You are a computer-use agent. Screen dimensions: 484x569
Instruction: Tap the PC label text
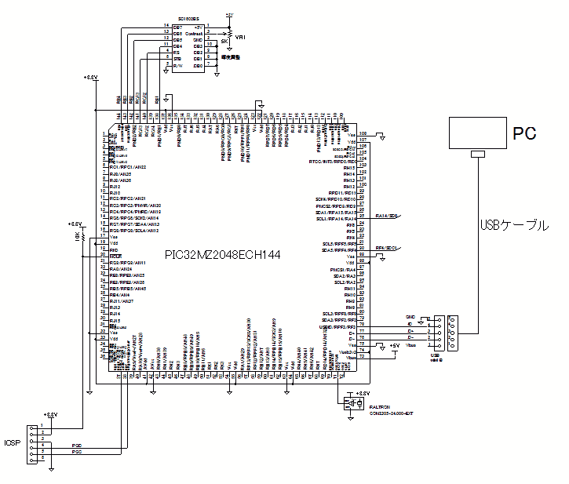pyautogui.click(x=524, y=133)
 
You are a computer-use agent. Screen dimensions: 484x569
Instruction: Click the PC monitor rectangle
pyautogui.click(x=476, y=133)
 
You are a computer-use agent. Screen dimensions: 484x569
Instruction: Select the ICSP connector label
pyautogui.click(x=12, y=442)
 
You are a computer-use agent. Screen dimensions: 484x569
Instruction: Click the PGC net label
pyautogui.click(x=77, y=453)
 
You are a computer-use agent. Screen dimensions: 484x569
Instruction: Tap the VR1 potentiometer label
pyautogui.click(x=241, y=36)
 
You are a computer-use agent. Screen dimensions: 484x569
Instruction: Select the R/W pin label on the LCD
pyautogui.click(x=178, y=66)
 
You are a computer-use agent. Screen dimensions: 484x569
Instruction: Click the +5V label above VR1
pyautogui.click(x=228, y=14)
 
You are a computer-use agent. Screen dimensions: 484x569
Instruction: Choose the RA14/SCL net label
pyautogui.click(x=388, y=216)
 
